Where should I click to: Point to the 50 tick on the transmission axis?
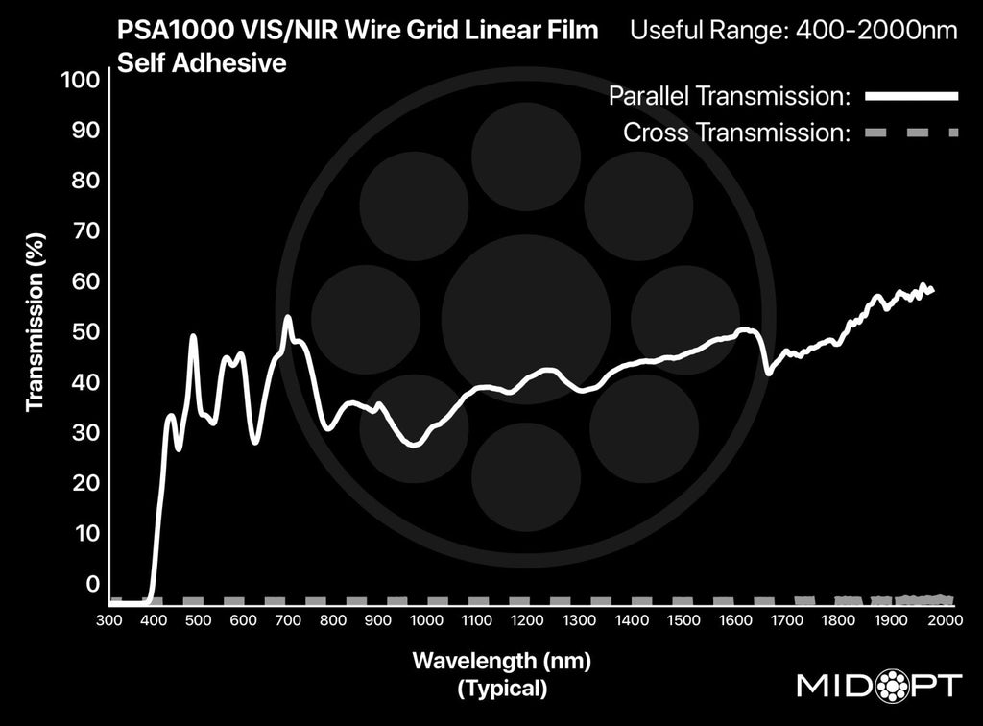(x=86, y=332)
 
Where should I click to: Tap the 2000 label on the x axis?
(x=945, y=620)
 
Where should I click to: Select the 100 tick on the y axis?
(x=81, y=81)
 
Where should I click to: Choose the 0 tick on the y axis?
(x=92, y=584)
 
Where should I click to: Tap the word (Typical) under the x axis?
(x=503, y=688)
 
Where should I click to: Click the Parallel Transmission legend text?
(x=731, y=96)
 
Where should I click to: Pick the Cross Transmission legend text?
(x=737, y=133)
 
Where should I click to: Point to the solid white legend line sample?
(x=911, y=96)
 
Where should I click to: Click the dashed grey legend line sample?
(x=911, y=133)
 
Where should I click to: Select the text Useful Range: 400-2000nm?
(x=793, y=31)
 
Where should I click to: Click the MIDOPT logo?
(x=879, y=686)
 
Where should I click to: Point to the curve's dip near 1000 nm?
(x=414, y=445)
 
